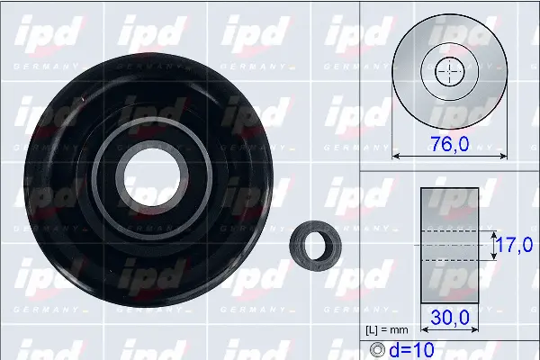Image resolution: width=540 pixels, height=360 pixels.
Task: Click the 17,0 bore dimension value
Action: point(514,244)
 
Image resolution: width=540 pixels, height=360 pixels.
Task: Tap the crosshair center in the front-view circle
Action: point(447,71)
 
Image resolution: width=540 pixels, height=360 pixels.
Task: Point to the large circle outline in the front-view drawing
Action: point(396,71)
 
